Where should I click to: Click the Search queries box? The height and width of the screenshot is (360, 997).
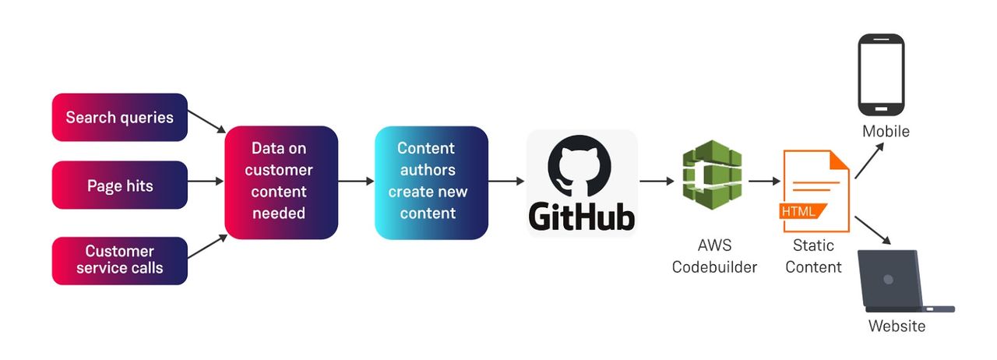(119, 118)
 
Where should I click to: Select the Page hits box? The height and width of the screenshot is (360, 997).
(119, 185)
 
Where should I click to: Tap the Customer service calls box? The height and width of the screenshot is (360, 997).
(119, 260)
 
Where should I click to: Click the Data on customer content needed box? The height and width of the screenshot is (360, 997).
(281, 182)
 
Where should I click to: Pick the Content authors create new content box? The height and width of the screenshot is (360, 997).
(431, 182)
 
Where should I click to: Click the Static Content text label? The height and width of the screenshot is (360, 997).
(813, 256)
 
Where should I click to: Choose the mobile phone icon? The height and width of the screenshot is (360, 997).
(881, 74)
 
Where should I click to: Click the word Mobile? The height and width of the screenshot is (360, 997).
(886, 132)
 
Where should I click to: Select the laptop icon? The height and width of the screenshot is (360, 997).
(904, 281)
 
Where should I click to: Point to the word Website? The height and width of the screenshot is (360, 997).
(897, 326)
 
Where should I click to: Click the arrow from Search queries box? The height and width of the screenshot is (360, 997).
(206, 120)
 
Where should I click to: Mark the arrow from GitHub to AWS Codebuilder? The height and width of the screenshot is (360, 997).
(657, 182)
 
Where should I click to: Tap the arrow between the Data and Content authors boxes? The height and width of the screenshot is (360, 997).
(356, 182)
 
